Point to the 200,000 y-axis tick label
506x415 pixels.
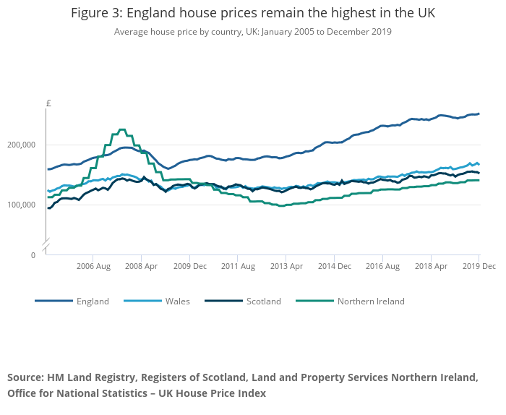22,145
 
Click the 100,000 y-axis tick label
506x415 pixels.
22,205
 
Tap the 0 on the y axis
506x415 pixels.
33,255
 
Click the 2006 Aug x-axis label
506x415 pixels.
93,267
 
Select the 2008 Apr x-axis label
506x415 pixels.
142,267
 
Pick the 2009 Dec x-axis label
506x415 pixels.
190,267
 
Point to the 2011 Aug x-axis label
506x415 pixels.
239,267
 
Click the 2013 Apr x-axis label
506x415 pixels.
286,267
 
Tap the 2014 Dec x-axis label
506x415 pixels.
335,267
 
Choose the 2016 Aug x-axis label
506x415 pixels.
383,267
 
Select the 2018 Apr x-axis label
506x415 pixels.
431,267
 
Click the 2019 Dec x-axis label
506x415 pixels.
479,267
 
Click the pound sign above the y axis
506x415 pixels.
48,103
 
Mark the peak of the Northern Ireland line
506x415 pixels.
121,129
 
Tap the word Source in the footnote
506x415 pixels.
25,377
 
